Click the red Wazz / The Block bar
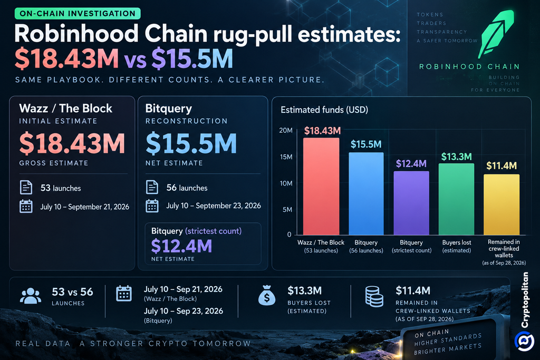tap(321, 186)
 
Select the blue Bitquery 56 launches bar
tap(366, 193)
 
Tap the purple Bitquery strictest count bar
tap(411, 203)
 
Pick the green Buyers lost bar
tap(456, 199)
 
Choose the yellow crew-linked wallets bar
tap(502, 205)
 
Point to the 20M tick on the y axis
tap(286, 130)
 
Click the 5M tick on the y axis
tap(287, 210)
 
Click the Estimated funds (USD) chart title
tap(324, 110)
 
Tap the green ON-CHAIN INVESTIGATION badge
tap(78, 13)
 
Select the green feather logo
tap(496, 34)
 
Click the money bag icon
tap(266, 296)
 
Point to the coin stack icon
tap(374, 296)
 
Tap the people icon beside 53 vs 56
tap(31, 296)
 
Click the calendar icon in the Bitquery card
tap(152, 206)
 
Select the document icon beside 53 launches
tap(26, 188)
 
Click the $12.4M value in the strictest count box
tap(181, 246)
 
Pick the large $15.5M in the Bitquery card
tap(191, 143)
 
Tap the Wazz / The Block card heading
tap(66, 109)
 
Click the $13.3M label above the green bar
tap(456, 157)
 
